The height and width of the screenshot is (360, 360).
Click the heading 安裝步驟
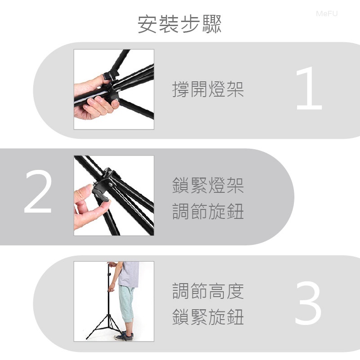point(179,24)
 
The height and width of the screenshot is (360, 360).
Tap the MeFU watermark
point(327,14)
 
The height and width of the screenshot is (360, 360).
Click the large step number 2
point(38,192)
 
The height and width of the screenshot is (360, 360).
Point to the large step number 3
point(308,303)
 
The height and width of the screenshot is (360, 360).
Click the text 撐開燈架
point(208,89)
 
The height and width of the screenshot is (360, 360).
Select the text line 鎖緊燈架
point(208,185)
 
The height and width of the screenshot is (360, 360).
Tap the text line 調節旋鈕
point(208,211)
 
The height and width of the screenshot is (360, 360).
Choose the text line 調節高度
point(208,291)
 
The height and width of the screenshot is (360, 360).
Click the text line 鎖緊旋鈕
point(208,316)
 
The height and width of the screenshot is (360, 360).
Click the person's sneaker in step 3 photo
point(124,336)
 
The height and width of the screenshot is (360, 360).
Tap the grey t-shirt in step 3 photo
point(129,274)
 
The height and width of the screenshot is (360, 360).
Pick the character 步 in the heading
point(190,24)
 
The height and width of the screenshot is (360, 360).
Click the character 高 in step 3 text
point(217,291)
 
